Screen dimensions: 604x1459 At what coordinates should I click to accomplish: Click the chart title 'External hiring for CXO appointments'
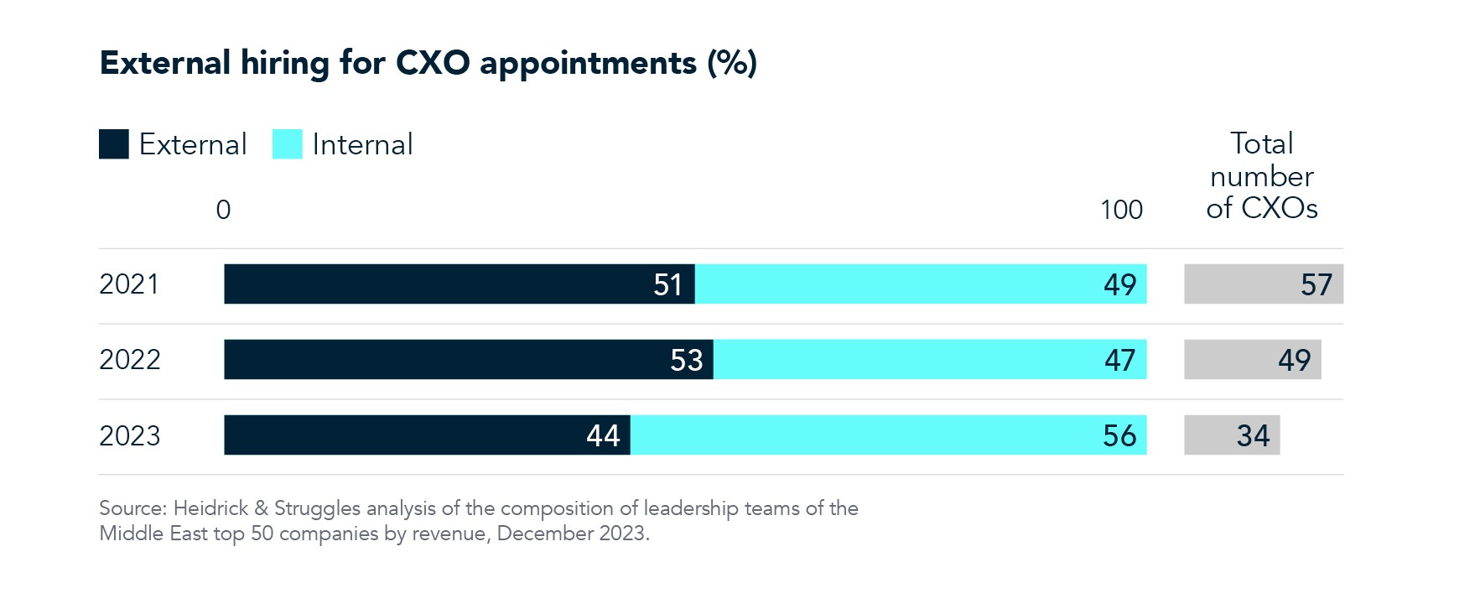tap(428, 64)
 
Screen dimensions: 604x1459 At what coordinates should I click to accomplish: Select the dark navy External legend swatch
tap(114, 144)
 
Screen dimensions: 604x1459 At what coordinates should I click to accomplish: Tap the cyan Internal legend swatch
tap(287, 144)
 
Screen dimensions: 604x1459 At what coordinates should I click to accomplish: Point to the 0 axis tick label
tap(223, 210)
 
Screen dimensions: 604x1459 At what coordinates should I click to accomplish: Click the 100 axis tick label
tap(1121, 210)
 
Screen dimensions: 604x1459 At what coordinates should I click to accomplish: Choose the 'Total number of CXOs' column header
tap(1261, 176)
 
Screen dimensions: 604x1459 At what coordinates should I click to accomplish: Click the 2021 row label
tap(129, 284)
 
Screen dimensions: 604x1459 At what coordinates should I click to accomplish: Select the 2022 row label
tap(130, 360)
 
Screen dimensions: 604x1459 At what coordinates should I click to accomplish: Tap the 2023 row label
tap(130, 435)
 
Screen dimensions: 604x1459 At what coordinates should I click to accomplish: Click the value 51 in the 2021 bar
tap(668, 285)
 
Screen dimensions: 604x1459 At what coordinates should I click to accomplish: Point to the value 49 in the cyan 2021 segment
tap(1119, 285)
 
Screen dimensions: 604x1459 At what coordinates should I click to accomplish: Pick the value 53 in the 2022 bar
tap(687, 361)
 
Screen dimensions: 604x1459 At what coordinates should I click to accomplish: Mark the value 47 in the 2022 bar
tap(1119, 361)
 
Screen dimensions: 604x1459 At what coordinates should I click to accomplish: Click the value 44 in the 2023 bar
tap(603, 436)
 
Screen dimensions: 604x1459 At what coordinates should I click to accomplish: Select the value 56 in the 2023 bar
tap(1119, 436)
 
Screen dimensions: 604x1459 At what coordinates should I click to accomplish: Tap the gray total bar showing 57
tap(1263, 284)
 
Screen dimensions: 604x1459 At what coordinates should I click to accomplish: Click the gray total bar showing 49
tap(1252, 360)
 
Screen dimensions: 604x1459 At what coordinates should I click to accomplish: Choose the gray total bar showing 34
tap(1232, 435)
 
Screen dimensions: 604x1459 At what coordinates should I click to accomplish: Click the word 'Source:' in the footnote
tap(133, 508)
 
